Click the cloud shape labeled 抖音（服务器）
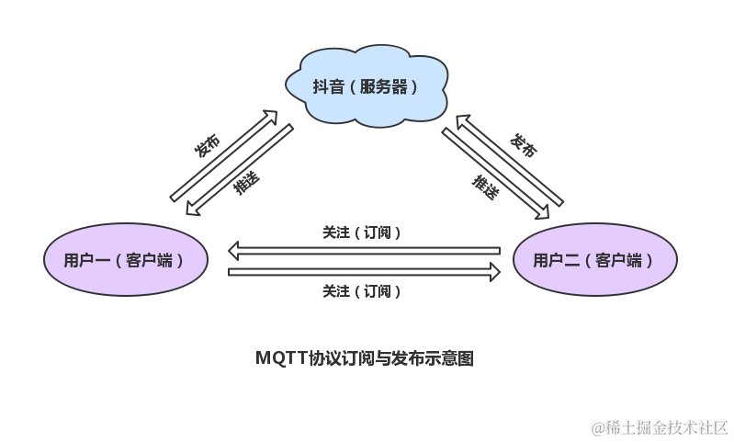tap(365, 88)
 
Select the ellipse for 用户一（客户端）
tap(125, 260)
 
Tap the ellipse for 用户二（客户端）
tap(594, 260)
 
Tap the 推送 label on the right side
tap(486, 187)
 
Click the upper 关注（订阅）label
tap(362, 232)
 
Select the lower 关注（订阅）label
tap(362, 291)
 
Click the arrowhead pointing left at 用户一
tap(235, 250)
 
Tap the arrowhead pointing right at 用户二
tap(494, 272)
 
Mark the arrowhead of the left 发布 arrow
tap(270, 119)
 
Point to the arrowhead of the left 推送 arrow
tap(191, 210)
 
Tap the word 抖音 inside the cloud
tap(329, 88)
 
